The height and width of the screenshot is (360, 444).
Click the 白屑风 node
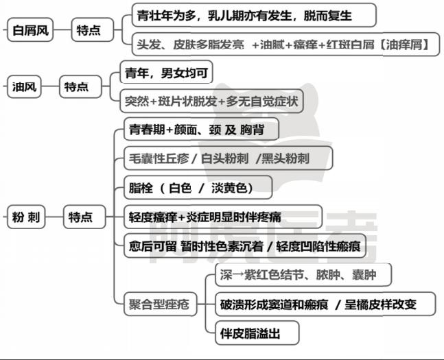[30, 29]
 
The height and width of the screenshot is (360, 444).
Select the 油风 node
[24, 86]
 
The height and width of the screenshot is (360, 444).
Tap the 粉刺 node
[26, 217]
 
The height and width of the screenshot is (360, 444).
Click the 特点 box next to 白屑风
[93, 29]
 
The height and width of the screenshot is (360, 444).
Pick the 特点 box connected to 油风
[80, 86]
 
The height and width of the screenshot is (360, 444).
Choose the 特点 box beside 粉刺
[84, 217]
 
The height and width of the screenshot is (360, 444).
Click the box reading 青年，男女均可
[167, 73]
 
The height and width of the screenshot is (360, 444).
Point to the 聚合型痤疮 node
[161, 304]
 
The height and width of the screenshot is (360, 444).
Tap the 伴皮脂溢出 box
[257, 333]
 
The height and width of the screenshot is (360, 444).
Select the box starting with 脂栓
[198, 188]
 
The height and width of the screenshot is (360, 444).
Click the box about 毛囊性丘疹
[229, 158]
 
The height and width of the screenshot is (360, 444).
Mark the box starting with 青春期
[201, 130]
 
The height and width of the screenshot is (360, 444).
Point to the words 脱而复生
[327, 16]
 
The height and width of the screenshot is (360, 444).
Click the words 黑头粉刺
[285, 158]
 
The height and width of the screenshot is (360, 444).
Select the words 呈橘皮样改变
[380, 304]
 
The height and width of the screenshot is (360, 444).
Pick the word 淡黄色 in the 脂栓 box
[229, 188]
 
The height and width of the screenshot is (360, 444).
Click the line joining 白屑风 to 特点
[62, 29]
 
